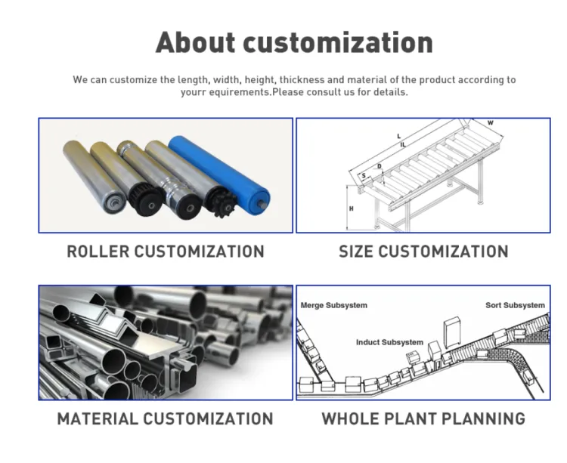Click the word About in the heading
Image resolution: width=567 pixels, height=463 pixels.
coord(195,42)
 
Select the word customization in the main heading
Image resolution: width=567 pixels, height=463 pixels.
coord(338,43)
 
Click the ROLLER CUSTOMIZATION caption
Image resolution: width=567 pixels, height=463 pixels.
coord(166,252)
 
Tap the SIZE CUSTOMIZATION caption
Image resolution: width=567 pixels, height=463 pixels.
coord(423,252)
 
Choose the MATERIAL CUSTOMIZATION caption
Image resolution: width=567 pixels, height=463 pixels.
coord(166,419)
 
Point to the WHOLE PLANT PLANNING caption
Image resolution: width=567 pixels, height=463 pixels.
coord(423,419)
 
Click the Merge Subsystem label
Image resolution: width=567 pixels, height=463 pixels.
coord(333,305)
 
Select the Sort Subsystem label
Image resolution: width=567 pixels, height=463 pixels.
coord(515,305)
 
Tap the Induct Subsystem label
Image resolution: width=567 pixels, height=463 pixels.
coord(389,342)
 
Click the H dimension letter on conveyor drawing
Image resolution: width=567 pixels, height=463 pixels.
coord(351,208)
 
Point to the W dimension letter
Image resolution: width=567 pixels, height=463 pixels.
coord(491,123)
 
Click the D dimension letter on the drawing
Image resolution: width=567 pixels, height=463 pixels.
coord(380,166)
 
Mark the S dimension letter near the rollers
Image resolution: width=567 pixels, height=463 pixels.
coord(364,176)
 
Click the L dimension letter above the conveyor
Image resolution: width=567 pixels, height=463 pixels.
coord(399,136)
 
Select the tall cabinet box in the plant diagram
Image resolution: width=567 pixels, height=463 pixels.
coord(452,332)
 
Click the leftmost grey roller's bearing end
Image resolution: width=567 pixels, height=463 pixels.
coord(116,203)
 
